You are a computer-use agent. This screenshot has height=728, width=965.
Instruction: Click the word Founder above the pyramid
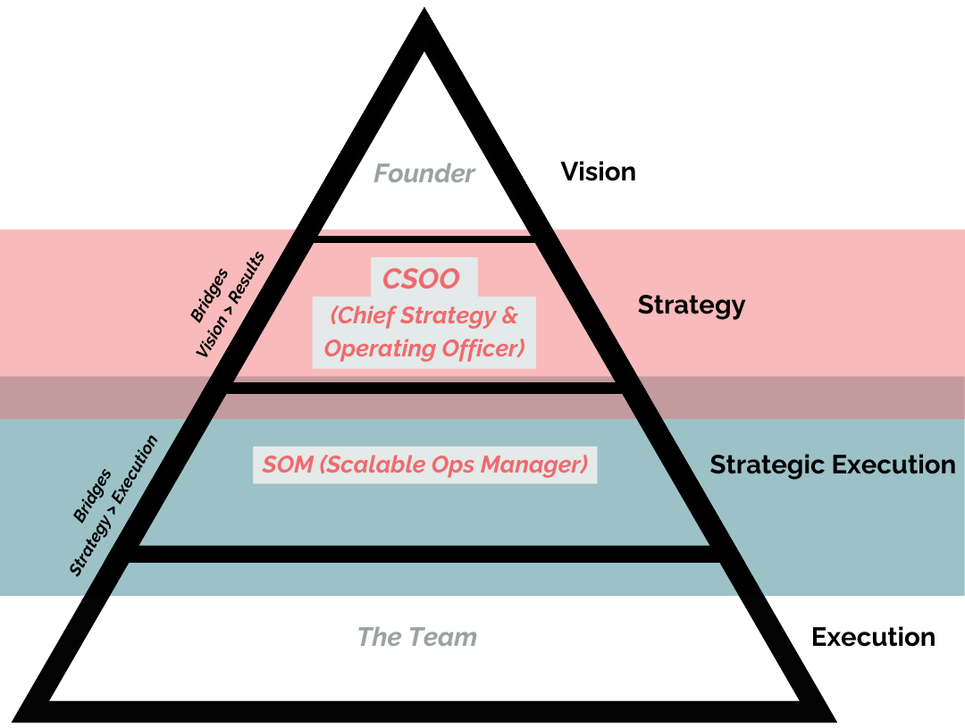pos(424,173)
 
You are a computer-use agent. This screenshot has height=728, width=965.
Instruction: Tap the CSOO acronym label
pos(421,279)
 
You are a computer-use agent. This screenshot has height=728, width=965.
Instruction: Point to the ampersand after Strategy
pos(510,315)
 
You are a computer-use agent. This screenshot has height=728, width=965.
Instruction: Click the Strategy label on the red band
pos(691,305)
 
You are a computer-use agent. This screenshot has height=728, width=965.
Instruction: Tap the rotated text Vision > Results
pos(231,305)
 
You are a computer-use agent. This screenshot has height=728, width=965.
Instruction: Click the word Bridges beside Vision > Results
pos(209,295)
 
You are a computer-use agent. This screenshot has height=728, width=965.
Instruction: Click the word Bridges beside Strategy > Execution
pos(92,496)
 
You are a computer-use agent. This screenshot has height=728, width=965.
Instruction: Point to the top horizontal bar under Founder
pos(424,238)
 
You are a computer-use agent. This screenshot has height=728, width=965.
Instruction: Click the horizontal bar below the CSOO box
pos(424,388)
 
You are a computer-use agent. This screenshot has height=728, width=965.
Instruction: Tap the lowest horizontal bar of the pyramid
pos(424,554)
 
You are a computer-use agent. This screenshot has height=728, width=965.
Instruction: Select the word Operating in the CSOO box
pos(371,347)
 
